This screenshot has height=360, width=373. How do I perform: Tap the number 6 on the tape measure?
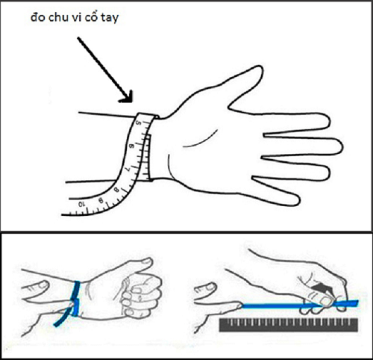pyautogui.click(x=133, y=149)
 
